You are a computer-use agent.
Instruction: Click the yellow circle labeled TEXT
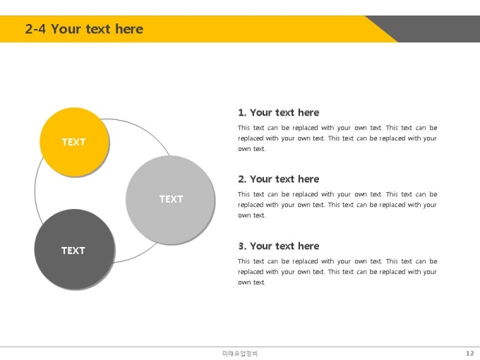tap(74, 142)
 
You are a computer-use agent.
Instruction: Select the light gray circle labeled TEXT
tap(171, 200)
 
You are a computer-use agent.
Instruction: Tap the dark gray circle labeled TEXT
tap(75, 249)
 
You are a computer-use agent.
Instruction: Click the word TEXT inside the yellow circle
tap(74, 142)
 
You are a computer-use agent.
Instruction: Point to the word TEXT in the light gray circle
tap(171, 199)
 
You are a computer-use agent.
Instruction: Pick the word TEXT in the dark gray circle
tap(73, 251)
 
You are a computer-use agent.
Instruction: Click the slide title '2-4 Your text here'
tap(84, 29)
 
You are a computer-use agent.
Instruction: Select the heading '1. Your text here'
tap(279, 112)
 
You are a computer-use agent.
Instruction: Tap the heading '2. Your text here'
tap(279, 179)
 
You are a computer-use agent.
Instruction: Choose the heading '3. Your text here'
tap(279, 246)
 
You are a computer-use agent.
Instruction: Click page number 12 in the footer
tap(470, 353)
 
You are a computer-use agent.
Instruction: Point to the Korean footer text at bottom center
tap(240, 354)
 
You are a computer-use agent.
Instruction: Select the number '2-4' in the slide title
tap(35, 29)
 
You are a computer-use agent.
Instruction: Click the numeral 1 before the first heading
tap(241, 113)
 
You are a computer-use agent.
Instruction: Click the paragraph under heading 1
tap(337, 138)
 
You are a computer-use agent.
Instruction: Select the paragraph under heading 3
tap(337, 272)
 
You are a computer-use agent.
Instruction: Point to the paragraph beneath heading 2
tap(337, 205)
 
